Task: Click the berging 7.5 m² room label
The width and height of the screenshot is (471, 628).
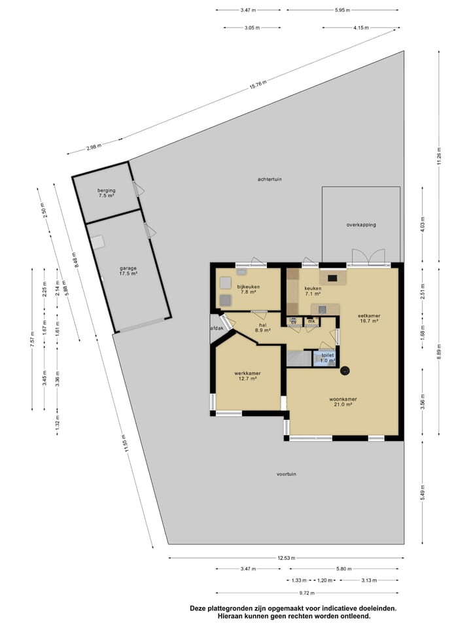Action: coord(107,193)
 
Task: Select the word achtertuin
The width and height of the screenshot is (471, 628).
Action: coord(269,179)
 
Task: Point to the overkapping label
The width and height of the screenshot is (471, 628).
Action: coord(361,224)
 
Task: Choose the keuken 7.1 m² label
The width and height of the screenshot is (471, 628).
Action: coord(313,291)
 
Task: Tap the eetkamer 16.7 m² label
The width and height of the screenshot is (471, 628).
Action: coord(369,319)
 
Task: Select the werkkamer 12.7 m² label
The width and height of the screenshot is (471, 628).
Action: coord(245,376)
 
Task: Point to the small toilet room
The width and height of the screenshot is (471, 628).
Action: coord(325,358)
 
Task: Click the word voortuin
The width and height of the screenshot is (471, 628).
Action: coord(287,474)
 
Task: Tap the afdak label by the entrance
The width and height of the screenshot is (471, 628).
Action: coord(217,328)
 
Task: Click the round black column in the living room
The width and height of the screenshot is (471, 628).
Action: coord(345,372)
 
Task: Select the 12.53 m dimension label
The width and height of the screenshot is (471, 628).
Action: coord(285,558)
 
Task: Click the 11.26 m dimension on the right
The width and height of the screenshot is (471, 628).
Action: coord(440,154)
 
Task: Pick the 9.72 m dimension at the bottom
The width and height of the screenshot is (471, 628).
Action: coord(285,592)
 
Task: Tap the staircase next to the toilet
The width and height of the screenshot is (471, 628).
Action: coord(299,358)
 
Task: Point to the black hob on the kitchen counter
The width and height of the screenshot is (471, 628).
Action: coord(332,278)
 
